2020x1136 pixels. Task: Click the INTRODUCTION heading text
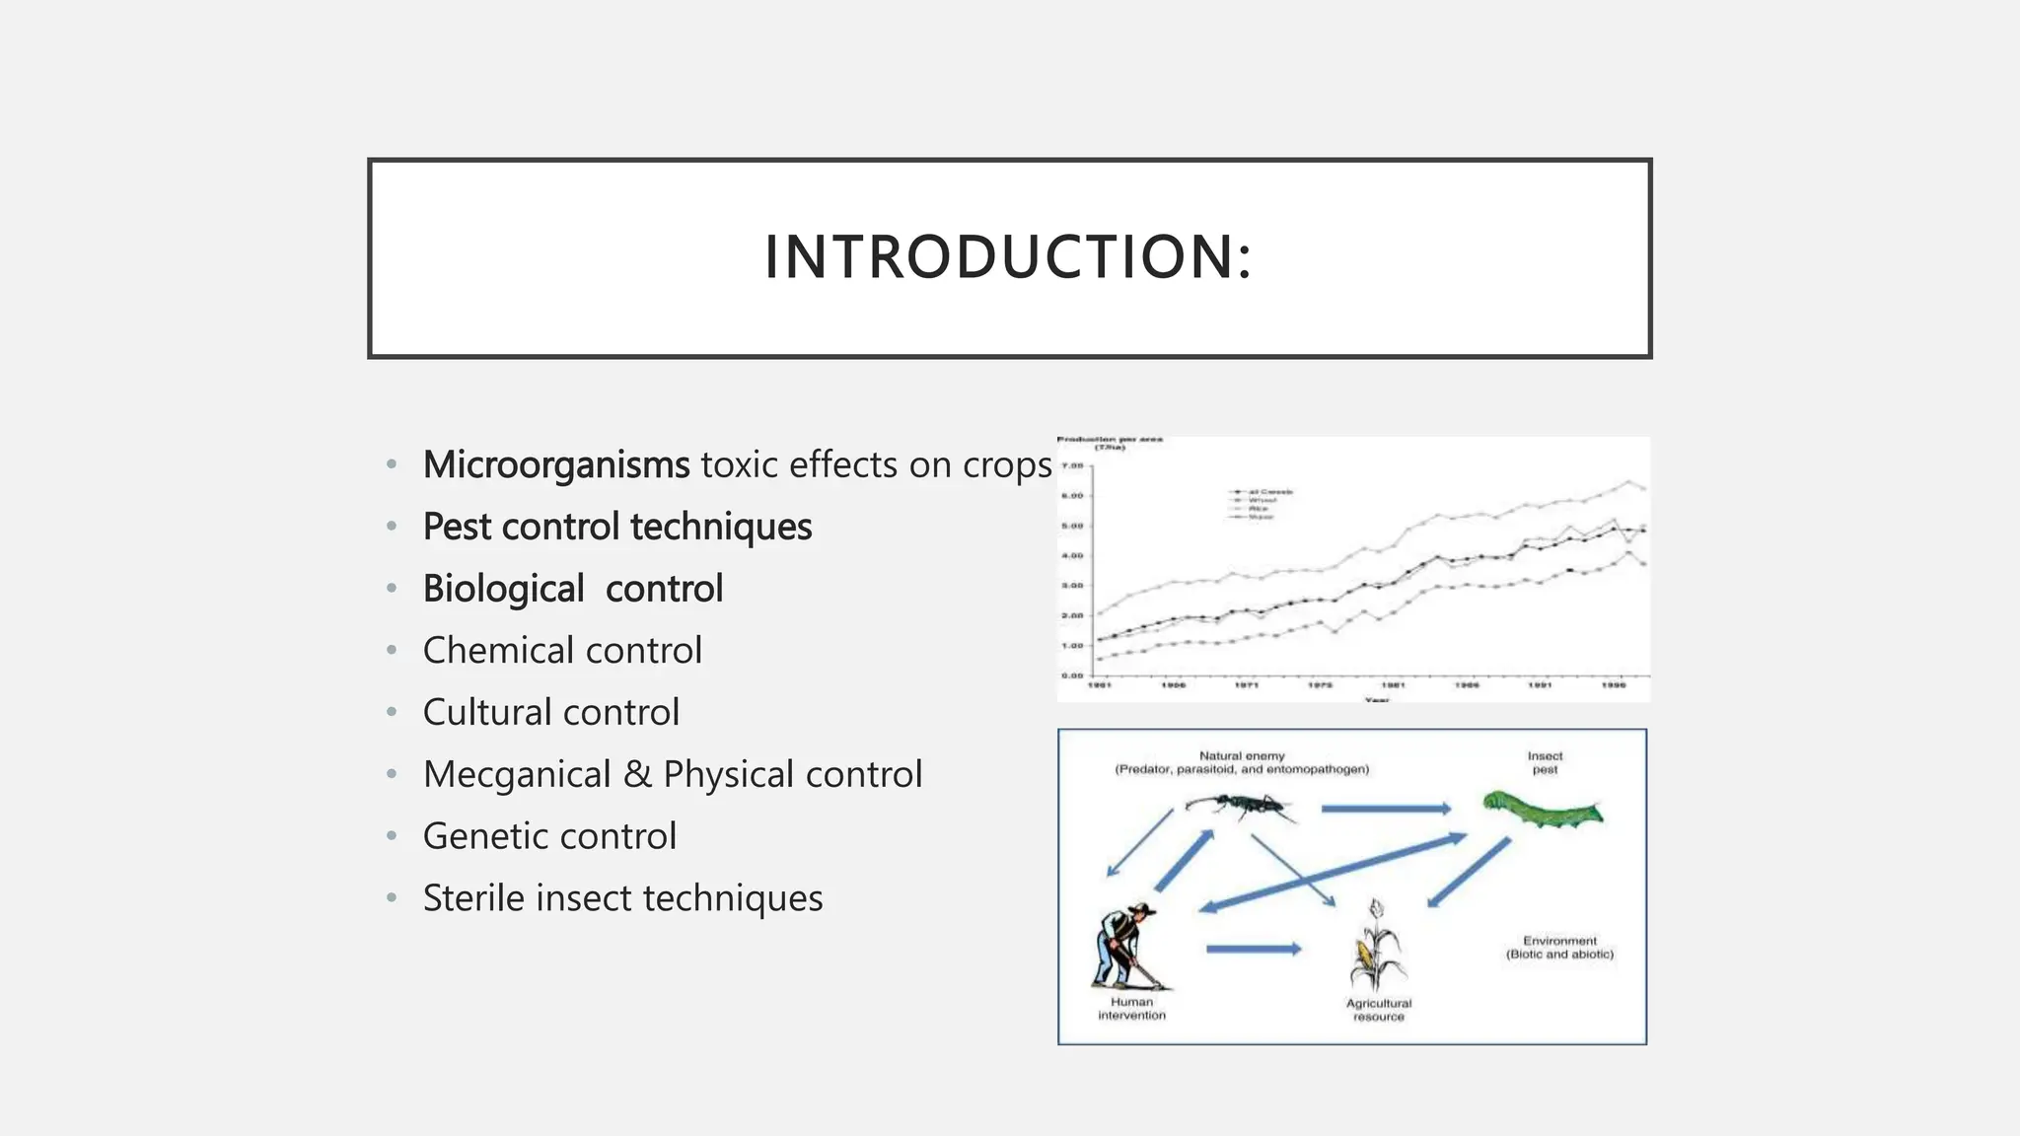pos(1008,257)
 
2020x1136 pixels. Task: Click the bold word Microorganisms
pos(555,464)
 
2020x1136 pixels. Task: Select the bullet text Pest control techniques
pos(616,527)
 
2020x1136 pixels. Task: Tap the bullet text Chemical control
pos(562,651)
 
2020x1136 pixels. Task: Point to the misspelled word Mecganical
pos(517,774)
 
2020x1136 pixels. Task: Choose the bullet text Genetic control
pos(549,836)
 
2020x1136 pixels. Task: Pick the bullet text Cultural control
pos(550,712)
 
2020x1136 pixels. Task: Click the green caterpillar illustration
pos(1543,812)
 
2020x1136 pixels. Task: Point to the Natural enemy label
pos(1242,756)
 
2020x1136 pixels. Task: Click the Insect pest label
pos(1545,762)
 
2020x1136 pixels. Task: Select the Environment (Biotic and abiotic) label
pos(1559,948)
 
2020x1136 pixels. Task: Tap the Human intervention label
pos(1131,1009)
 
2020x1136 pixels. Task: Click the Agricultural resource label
pos(1378,1010)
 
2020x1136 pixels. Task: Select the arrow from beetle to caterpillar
pos(1385,809)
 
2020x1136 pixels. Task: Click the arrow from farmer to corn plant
pos(1253,949)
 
